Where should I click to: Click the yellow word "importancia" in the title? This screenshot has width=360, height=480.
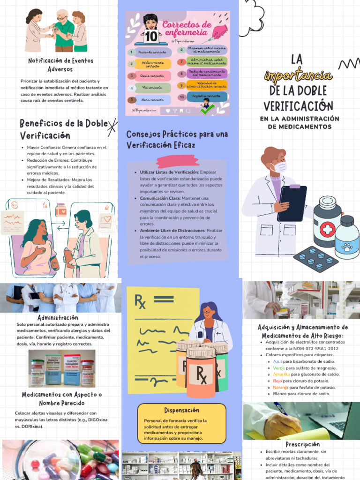tap(298, 75)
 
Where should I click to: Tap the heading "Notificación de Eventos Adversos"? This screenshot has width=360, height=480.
tap(60, 65)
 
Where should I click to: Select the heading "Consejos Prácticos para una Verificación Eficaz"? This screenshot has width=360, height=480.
tap(177, 139)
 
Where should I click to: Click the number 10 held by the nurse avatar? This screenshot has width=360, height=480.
tap(150, 36)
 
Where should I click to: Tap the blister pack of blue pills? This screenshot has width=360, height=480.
tap(315, 259)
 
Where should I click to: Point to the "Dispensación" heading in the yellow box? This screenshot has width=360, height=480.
tap(181, 410)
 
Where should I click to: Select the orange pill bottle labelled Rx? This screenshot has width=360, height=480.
tap(201, 373)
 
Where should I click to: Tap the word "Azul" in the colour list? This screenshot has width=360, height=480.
tap(277, 361)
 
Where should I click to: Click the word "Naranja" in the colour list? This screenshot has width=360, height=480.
tap(280, 388)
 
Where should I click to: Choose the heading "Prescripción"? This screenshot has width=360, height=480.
tap(302, 444)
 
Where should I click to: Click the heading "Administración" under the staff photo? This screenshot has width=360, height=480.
tap(58, 317)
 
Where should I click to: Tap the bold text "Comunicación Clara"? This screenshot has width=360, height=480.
tap(160, 198)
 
